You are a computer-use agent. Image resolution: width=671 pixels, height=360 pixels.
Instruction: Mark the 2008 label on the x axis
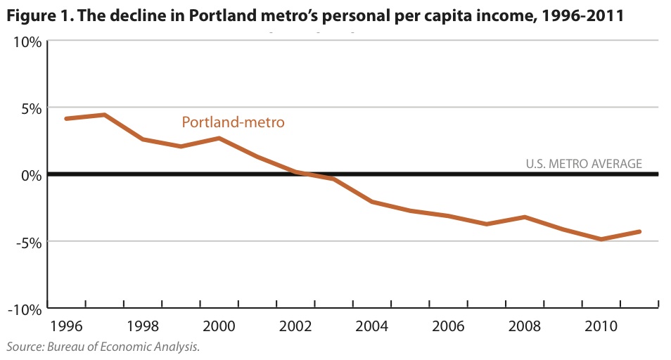coord(525,328)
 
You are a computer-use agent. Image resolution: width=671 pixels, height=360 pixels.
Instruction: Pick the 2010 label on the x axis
coord(601,328)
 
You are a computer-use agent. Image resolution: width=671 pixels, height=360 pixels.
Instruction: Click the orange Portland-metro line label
coord(233,122)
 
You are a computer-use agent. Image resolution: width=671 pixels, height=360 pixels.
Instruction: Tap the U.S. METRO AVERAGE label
coord(584,164)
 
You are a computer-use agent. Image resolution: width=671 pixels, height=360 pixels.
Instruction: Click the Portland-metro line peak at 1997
coord(104,115)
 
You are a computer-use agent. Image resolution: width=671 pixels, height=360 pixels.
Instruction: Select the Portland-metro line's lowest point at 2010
coord(601,239)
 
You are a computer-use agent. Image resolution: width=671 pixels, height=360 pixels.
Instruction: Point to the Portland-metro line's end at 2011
coord(639,231)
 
